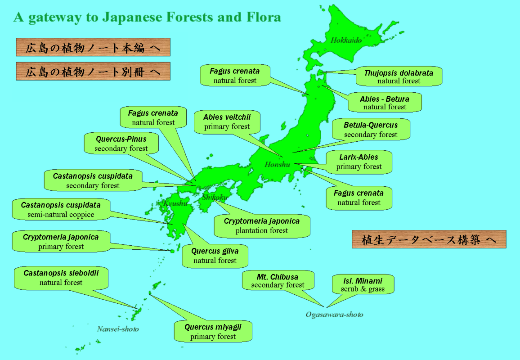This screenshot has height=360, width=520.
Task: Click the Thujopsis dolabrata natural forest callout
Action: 399,76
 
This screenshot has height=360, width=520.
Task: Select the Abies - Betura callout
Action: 385,103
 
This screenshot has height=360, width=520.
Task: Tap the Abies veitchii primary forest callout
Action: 227,122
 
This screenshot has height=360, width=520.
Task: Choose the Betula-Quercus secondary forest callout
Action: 371,130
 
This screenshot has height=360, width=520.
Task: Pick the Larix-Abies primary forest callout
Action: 359,162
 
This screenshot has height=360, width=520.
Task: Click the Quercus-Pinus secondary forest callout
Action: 121,144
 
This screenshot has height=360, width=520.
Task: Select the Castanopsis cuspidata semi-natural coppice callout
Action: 61,210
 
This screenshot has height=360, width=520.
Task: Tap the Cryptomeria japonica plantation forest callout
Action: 262,225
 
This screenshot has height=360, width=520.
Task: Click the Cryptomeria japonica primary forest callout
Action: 61,242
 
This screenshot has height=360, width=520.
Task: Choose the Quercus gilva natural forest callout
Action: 215,256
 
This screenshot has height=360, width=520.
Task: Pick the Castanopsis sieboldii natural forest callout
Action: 61,278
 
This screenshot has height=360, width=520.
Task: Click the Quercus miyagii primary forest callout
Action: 213,332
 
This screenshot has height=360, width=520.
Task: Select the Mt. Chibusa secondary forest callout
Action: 278,280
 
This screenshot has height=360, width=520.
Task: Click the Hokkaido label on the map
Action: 346,40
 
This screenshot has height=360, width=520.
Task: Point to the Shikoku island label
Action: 215,197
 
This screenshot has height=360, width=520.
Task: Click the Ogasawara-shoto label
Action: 334,315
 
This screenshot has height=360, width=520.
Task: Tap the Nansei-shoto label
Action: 118,329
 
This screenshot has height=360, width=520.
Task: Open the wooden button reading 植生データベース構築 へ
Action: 429,239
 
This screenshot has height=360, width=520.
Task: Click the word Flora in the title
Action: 263,17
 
